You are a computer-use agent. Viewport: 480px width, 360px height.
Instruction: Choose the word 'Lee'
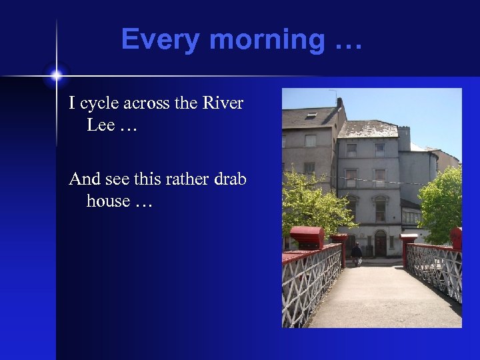[x=101, y=125]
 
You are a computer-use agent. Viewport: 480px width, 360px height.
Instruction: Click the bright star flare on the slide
[x=56, y=74]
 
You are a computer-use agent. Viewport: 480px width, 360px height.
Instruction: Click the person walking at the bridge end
[x=357, y=253]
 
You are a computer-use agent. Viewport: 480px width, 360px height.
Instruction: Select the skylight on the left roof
[x=311, y=115]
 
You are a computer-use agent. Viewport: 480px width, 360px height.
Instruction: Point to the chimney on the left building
[x=339, y=105]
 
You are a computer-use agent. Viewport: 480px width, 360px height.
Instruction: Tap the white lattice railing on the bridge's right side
[x=437, y=267]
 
